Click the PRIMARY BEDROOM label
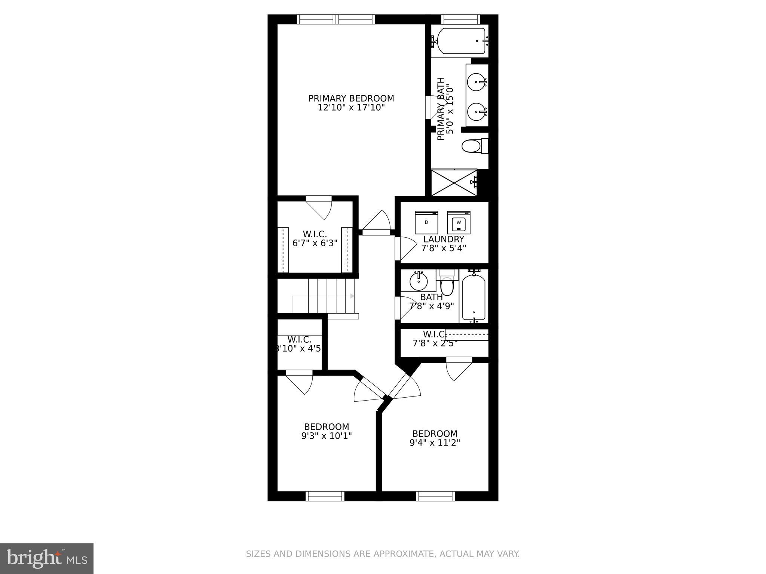pos(351,98)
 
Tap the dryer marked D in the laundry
pos(426,223)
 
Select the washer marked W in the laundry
pos(459,223)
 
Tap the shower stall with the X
pos(454,183)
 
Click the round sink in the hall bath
pos(418,281)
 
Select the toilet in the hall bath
pos(447,286)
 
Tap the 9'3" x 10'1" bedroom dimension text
pos(327,436)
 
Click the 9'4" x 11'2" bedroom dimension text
pos(435,443)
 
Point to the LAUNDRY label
pos(444,239)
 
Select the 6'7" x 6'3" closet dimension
pos(315,243)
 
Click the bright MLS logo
pos(47,559)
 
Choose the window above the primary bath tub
pos(460,19)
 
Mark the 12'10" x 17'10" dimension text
pos(351,108)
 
